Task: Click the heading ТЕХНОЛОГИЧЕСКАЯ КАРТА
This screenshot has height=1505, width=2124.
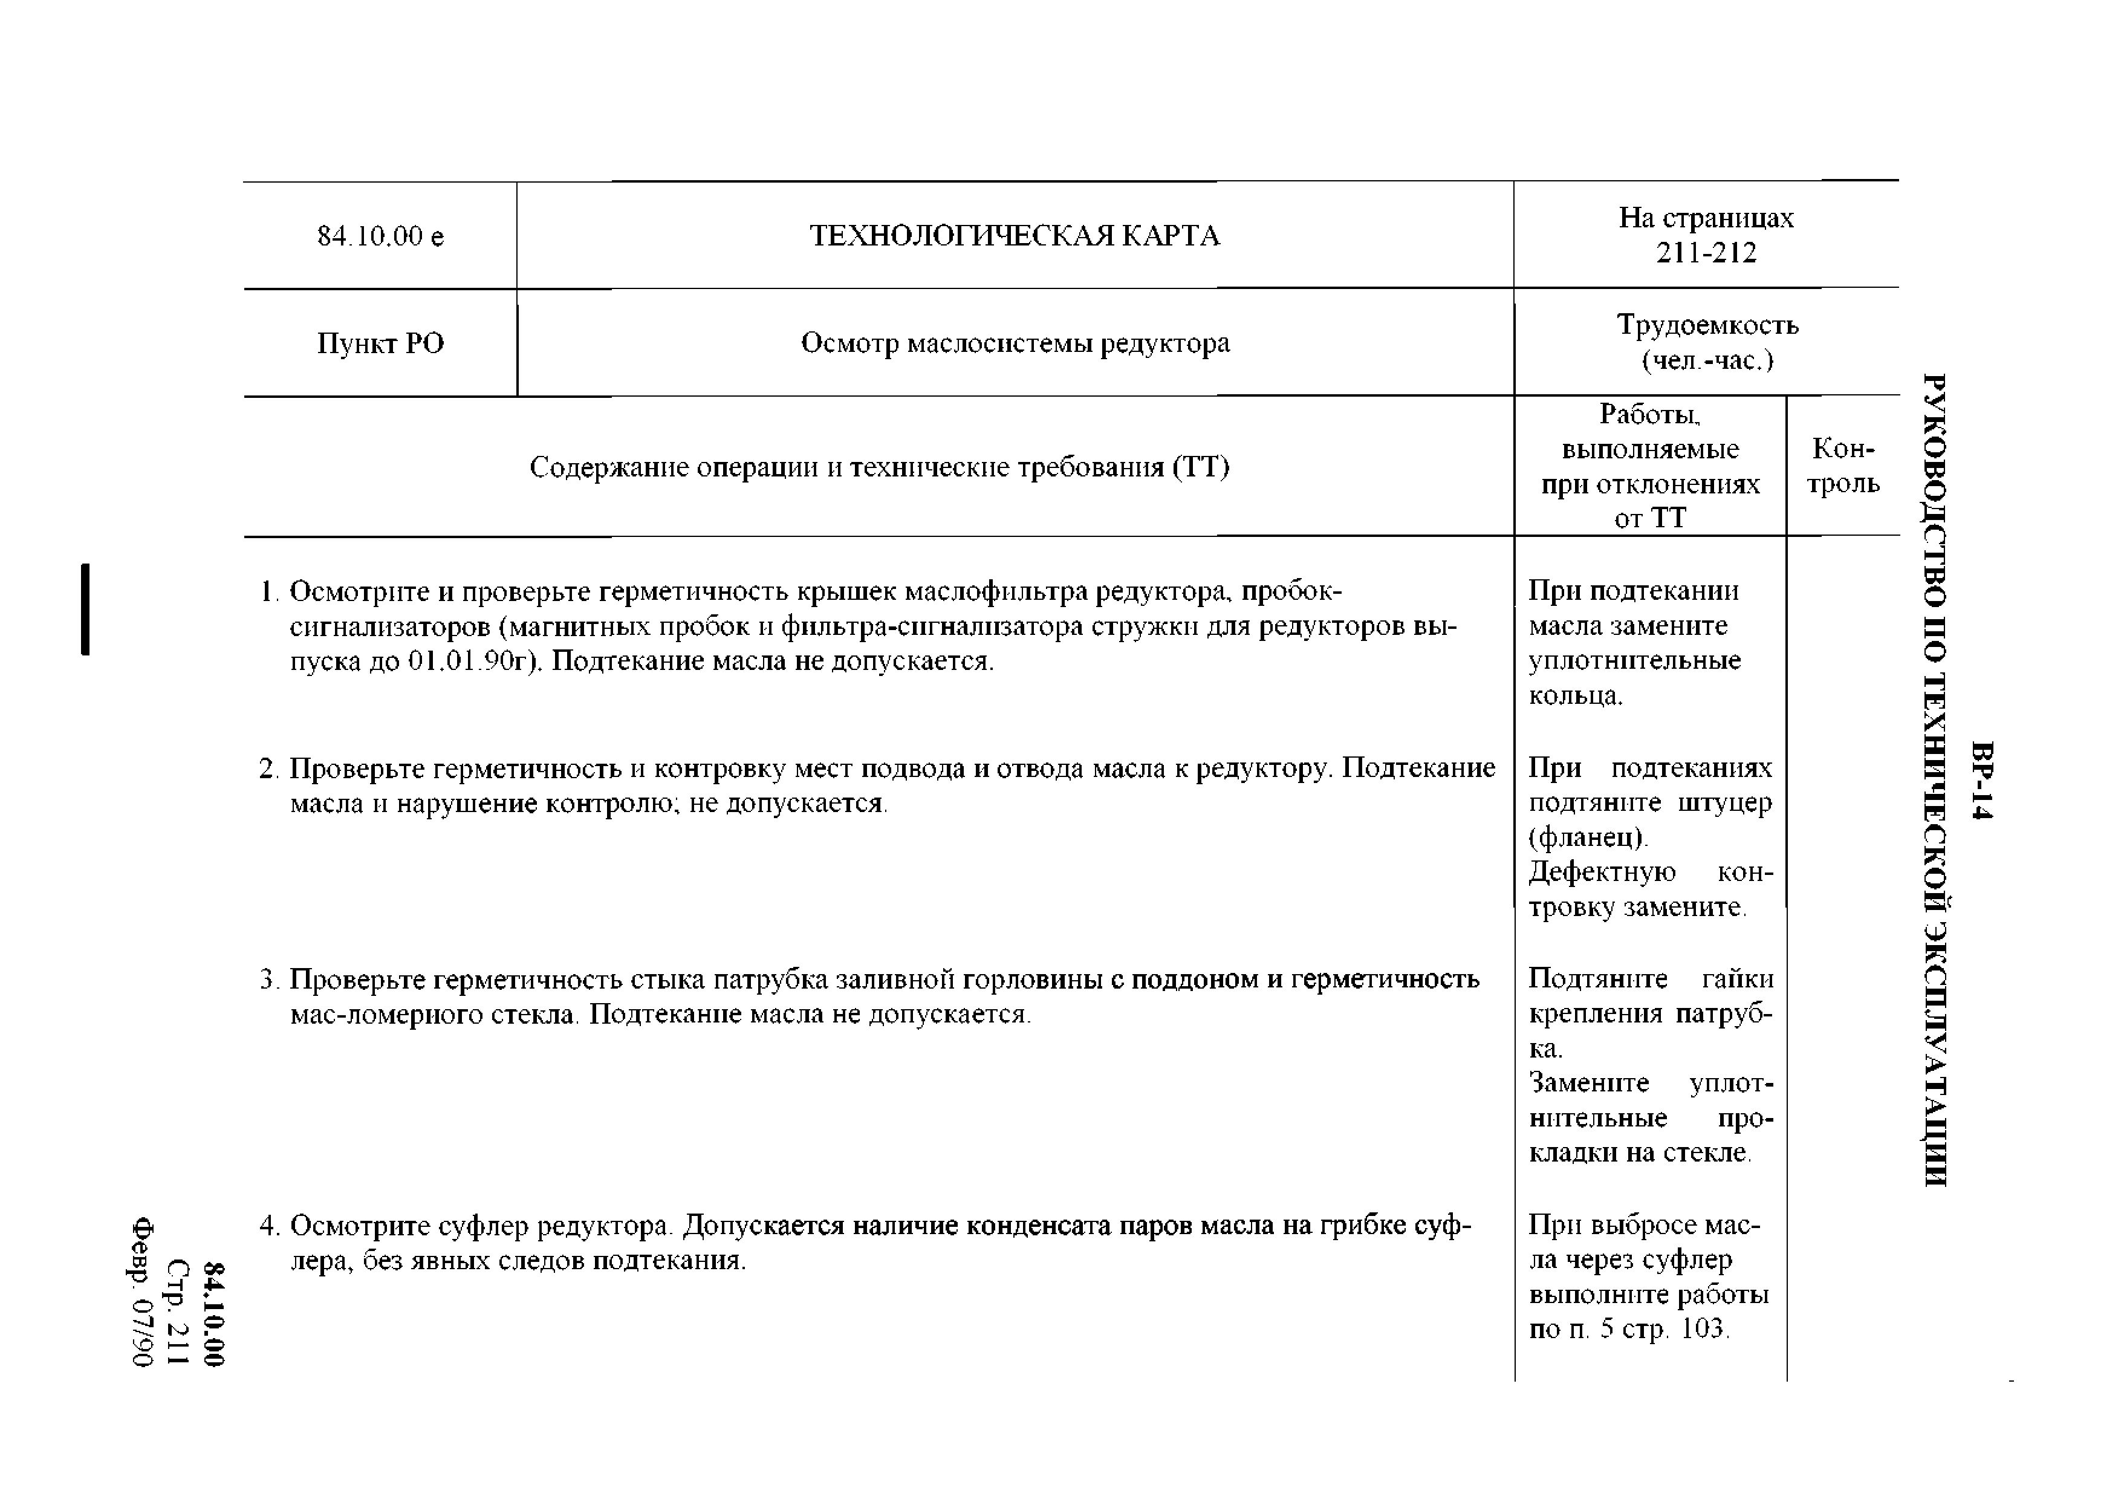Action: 1015,236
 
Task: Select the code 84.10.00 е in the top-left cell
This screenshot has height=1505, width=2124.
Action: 380,237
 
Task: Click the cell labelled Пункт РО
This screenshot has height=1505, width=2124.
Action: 380,344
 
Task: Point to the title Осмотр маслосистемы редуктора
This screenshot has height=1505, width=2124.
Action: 1015,344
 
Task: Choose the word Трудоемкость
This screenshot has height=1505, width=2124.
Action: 1707,325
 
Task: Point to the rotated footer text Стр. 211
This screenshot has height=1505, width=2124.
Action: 178,1312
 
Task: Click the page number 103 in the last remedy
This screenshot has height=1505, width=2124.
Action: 1703,1329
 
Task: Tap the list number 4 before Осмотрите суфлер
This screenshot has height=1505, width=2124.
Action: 268,1226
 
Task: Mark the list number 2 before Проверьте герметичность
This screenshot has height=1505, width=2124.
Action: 268,769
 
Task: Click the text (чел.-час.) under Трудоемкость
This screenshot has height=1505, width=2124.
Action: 1707,360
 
